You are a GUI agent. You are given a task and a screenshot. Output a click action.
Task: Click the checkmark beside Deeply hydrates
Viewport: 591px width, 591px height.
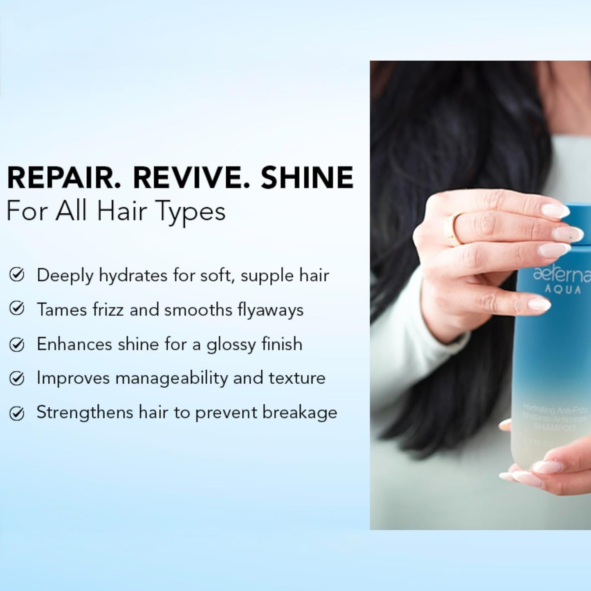[x=16, y=275]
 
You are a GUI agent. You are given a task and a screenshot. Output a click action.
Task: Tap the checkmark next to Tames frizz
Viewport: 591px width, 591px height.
[x=16, y=309]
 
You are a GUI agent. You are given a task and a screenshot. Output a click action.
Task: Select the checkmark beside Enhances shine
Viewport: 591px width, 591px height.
[x=16, y=344]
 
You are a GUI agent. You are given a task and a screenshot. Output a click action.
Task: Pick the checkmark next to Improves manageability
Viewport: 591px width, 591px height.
[x=16, y=378]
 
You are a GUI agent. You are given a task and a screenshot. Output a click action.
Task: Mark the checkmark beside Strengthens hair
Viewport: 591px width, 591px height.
[x=16, y=413]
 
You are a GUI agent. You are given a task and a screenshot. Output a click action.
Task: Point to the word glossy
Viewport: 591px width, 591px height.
[x=230, y=345]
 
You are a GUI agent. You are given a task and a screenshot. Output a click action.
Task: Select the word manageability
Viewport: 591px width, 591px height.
[x=171, y=379]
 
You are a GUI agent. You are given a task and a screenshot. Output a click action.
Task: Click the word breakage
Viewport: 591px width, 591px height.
[x=300, y=412]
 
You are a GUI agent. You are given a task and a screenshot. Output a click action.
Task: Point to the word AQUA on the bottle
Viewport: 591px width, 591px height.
[x=562, y=290]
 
